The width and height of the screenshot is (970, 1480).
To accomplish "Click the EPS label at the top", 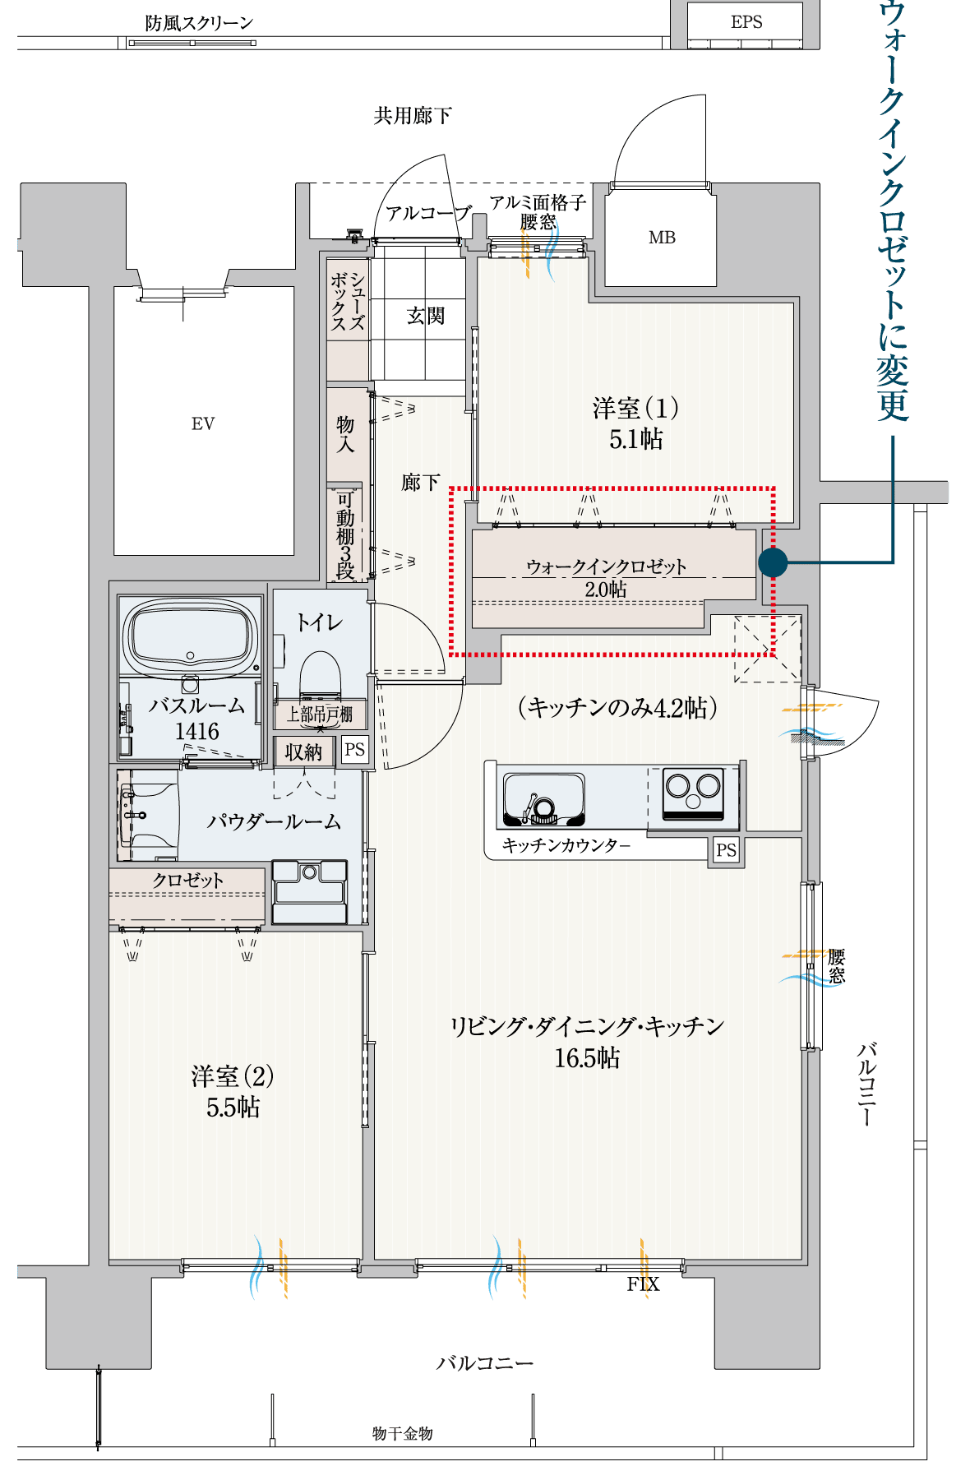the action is (x=746, y=22).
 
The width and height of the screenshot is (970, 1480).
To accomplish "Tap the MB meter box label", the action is (x=662, y=238).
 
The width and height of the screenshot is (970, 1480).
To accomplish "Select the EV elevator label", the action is (x=203, y=424).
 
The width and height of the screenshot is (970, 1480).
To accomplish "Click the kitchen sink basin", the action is (x=543, y=798).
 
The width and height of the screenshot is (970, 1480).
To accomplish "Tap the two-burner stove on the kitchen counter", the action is (x=693, y=793).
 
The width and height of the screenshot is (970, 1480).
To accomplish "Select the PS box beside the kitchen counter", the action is (x=726, y=850).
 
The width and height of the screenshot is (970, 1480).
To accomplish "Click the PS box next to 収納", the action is (x=354, y=750).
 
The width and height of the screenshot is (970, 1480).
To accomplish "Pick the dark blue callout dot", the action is (x=773, y=562).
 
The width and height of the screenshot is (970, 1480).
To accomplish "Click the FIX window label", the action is (x=643, y=1284).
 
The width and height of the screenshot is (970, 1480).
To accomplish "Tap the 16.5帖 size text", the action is (x=587, y=1057).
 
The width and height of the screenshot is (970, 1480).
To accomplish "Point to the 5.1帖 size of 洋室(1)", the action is (x=635, y=439).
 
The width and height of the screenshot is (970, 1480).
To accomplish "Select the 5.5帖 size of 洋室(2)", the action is (x=233, y=1108).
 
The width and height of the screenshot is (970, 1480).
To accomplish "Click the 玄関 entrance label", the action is (x=426, y=316).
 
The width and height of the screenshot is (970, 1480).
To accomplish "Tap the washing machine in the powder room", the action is (x=310, y=891).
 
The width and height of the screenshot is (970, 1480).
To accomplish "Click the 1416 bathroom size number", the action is (x=197, y=731).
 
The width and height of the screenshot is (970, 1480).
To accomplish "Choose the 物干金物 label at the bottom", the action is (x=402, y=1433).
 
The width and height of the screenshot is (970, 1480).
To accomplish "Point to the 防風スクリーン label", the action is (x=199, y=23).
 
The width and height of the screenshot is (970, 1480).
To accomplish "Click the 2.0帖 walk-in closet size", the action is (x=606, y=590).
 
